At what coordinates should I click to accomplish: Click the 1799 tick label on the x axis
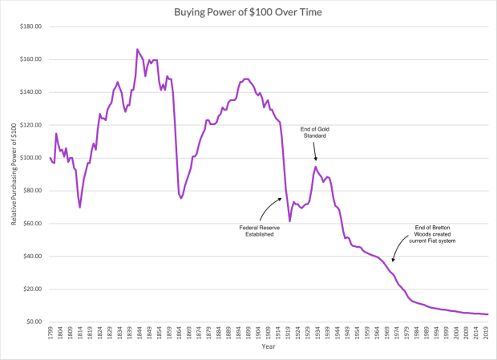(51, 333)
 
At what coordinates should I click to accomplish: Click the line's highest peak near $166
(137, 50)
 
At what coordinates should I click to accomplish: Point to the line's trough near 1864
(181, 198)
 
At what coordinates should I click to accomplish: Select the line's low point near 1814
(80, 207)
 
